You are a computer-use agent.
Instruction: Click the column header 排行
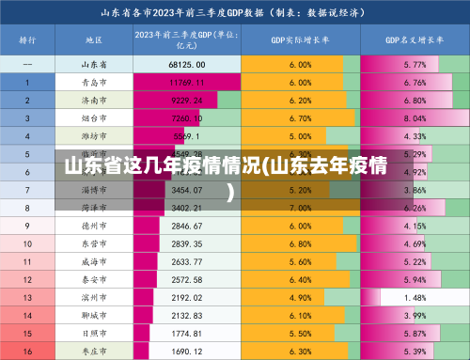(27, 41)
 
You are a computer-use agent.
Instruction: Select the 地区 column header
(94, 41)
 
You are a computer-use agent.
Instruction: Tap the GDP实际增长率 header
(300, 41)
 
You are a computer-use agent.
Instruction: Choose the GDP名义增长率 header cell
(414, 41)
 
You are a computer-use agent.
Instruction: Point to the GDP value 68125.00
(187, 65)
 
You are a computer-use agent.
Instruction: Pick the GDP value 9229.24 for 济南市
(187, 101)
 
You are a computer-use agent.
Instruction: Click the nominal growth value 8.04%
(415, 118)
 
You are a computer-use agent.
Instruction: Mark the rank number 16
(27, 351)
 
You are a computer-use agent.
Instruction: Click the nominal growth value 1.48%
(415, 297)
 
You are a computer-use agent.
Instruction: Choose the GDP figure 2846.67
(187, 226)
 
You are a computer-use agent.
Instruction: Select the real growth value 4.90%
(300, 297)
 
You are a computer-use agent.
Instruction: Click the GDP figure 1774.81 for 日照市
(187, 333)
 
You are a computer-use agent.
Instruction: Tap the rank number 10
(27, 243)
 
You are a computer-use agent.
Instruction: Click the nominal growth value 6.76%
(415, 83)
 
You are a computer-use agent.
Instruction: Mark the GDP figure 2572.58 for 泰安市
(187, 279)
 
